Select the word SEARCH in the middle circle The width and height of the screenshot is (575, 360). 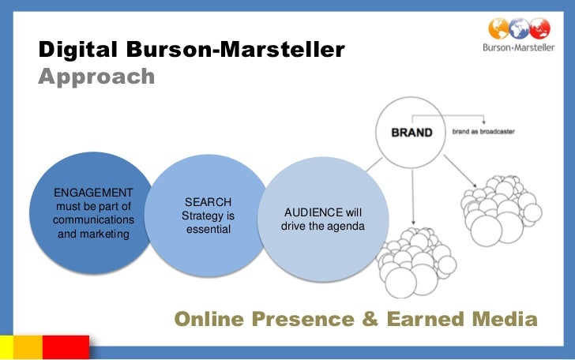pos(208,202)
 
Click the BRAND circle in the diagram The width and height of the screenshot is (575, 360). pos(412,133)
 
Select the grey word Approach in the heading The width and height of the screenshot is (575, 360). pos(96,77)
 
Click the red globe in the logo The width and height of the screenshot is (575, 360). pos(540,28)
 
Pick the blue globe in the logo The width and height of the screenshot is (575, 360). pos(520,28)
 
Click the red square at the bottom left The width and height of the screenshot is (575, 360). pos(66,347)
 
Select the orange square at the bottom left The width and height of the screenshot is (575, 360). pos(28,347)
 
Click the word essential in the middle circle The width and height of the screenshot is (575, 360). pos(208,229)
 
